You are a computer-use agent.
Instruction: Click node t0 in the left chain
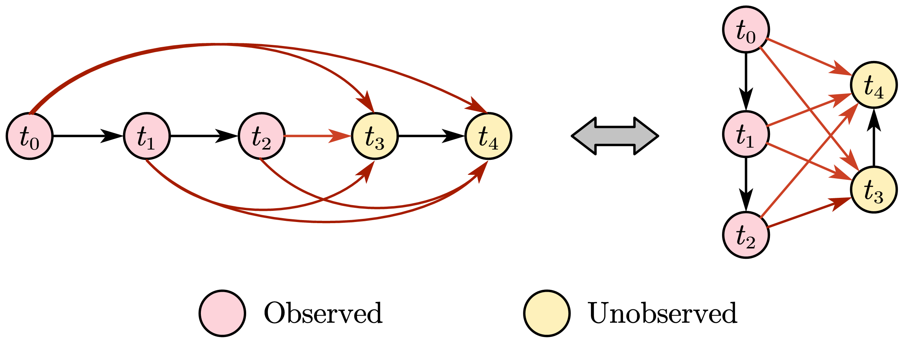click(x=30, y=136)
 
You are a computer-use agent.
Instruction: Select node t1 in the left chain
click(x=146, y=136)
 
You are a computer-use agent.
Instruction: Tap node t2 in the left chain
click(x=262, y=136)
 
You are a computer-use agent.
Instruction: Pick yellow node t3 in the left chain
click(x=375, y=136)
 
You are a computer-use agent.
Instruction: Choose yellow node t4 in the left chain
click(x=488, y=136)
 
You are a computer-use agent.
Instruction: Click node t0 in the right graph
click(x=746, y=30)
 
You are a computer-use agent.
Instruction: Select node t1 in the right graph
click(x=746, y=134)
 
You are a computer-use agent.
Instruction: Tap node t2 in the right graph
click(x=746, y=235)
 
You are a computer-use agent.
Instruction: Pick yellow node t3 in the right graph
click(x=873, y=190)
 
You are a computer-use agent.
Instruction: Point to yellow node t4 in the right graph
click(x=873, y=85)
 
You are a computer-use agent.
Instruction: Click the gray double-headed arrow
click(x=615, y=136)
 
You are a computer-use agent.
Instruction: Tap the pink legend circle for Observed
click(x=222, y=313)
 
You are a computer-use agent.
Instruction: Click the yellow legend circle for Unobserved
click(x=547, y=313)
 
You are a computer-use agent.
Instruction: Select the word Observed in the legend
click(x=323, y=313)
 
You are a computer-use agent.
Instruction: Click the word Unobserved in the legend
click(x=662, y=313)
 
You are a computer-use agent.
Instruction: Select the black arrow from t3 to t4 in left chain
click(x=431, y=136)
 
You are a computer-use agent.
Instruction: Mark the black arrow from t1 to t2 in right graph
click(x=746, y=184)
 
